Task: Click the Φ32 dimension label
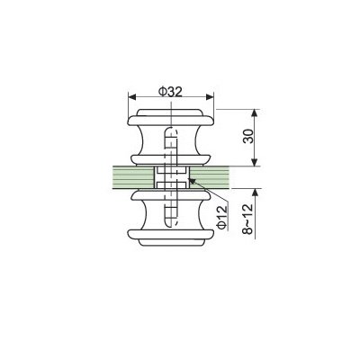[x=170, y=92]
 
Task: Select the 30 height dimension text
[x=248, y=137]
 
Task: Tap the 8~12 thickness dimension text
[x=248, y=218]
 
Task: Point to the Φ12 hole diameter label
[x=222, y=218]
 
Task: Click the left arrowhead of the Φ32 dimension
[x=132, y=97]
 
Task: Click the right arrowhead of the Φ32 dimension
[x=210, y=97]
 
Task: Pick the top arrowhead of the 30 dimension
[x=255, y=113]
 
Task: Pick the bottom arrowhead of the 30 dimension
[x=255, y=162]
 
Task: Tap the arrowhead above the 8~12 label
[x=256, y=193]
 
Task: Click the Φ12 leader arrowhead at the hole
[x=192, y=181]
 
